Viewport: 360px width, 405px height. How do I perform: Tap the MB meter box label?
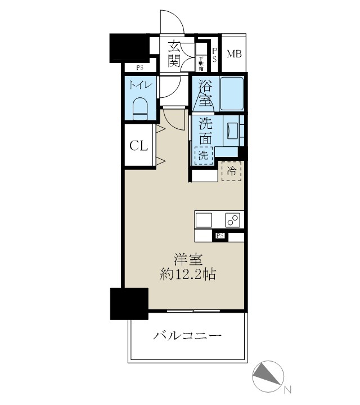pyautogui.click(x=233, y=55)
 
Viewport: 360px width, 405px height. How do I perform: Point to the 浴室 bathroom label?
pyautogui.click(x=204, y=95)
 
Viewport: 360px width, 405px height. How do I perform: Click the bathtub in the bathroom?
pyautogui.click(x=232, y=93)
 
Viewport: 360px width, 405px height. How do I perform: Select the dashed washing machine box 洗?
pyautogui.click(x=202, y=155)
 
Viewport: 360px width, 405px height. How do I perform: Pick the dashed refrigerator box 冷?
pyautogui.click(x=231, y=170)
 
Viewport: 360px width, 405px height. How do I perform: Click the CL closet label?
pyautogui.click(x=138, y=146)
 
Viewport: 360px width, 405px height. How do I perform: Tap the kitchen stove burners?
pyautogui.click(x=232, y=220)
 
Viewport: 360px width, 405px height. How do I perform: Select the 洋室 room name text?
pyautogui.click(x=188, y=260)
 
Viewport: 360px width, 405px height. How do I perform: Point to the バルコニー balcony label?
pyautogui.click(x=187, y=336)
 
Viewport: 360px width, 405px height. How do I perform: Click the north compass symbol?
pyautogui.click(x=268, y=374)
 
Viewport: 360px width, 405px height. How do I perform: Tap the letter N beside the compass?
pyautogui.click(x=287, y=389)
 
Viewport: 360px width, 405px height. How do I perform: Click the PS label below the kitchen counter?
pyautogui.click(x=220, y=237)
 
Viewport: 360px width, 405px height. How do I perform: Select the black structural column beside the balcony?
pyautogui.click(x=129, y=304)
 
